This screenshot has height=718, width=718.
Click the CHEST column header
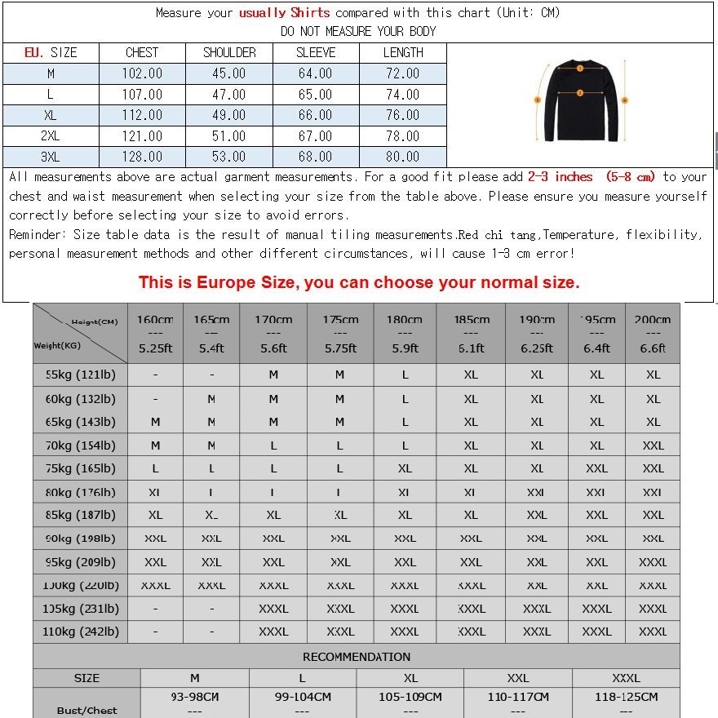[142, 52]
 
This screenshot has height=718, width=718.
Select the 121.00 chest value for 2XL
[142, 136]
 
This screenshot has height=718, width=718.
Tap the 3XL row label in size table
[50, 157]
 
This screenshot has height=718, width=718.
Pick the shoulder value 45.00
[228, 73]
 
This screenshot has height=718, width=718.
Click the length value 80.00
[402, 157]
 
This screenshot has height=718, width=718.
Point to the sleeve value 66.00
[315, 115]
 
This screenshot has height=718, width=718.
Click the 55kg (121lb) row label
[80, 375]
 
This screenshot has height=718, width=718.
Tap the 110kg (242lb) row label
[80, 632]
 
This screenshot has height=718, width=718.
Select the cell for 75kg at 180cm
[405, 469]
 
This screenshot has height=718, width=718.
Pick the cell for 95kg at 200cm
[653, 562]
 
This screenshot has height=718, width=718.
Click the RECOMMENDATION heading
[357, 657]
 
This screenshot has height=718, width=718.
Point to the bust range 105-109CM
[410, 697]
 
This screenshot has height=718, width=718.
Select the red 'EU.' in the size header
[34, 52]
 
